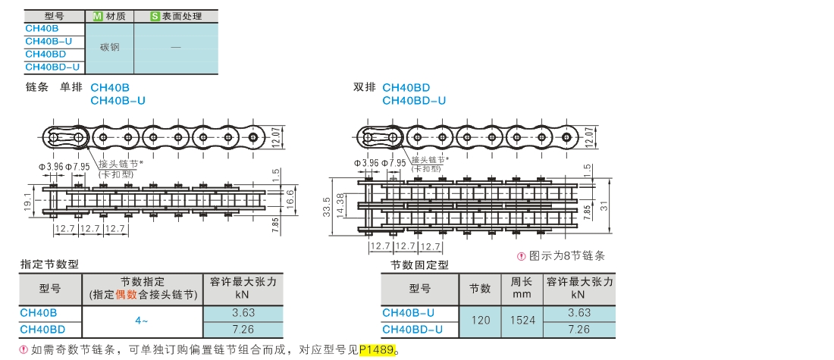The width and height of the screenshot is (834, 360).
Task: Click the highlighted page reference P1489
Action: coord(378,350)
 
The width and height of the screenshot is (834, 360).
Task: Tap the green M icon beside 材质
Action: coord(96,16)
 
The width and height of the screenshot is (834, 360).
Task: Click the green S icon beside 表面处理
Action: coord(155,16)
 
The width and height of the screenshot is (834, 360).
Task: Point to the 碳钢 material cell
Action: coord(110,47)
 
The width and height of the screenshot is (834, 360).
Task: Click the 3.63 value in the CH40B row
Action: coord(243,312)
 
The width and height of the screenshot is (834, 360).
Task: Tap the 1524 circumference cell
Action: coord(522,321)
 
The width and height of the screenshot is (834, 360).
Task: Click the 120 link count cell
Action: coord(481,321)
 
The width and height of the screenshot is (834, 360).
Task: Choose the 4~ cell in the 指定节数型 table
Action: coord(142,321)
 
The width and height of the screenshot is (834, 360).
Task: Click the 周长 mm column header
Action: coord(522,287)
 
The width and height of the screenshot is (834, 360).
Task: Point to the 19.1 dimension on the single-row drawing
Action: coord(28,202)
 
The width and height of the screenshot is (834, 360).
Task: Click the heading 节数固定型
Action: coord(419,265)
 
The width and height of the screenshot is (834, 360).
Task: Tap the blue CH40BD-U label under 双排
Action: coord(413,100)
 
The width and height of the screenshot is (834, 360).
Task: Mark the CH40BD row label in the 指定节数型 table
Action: coord(42,329)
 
